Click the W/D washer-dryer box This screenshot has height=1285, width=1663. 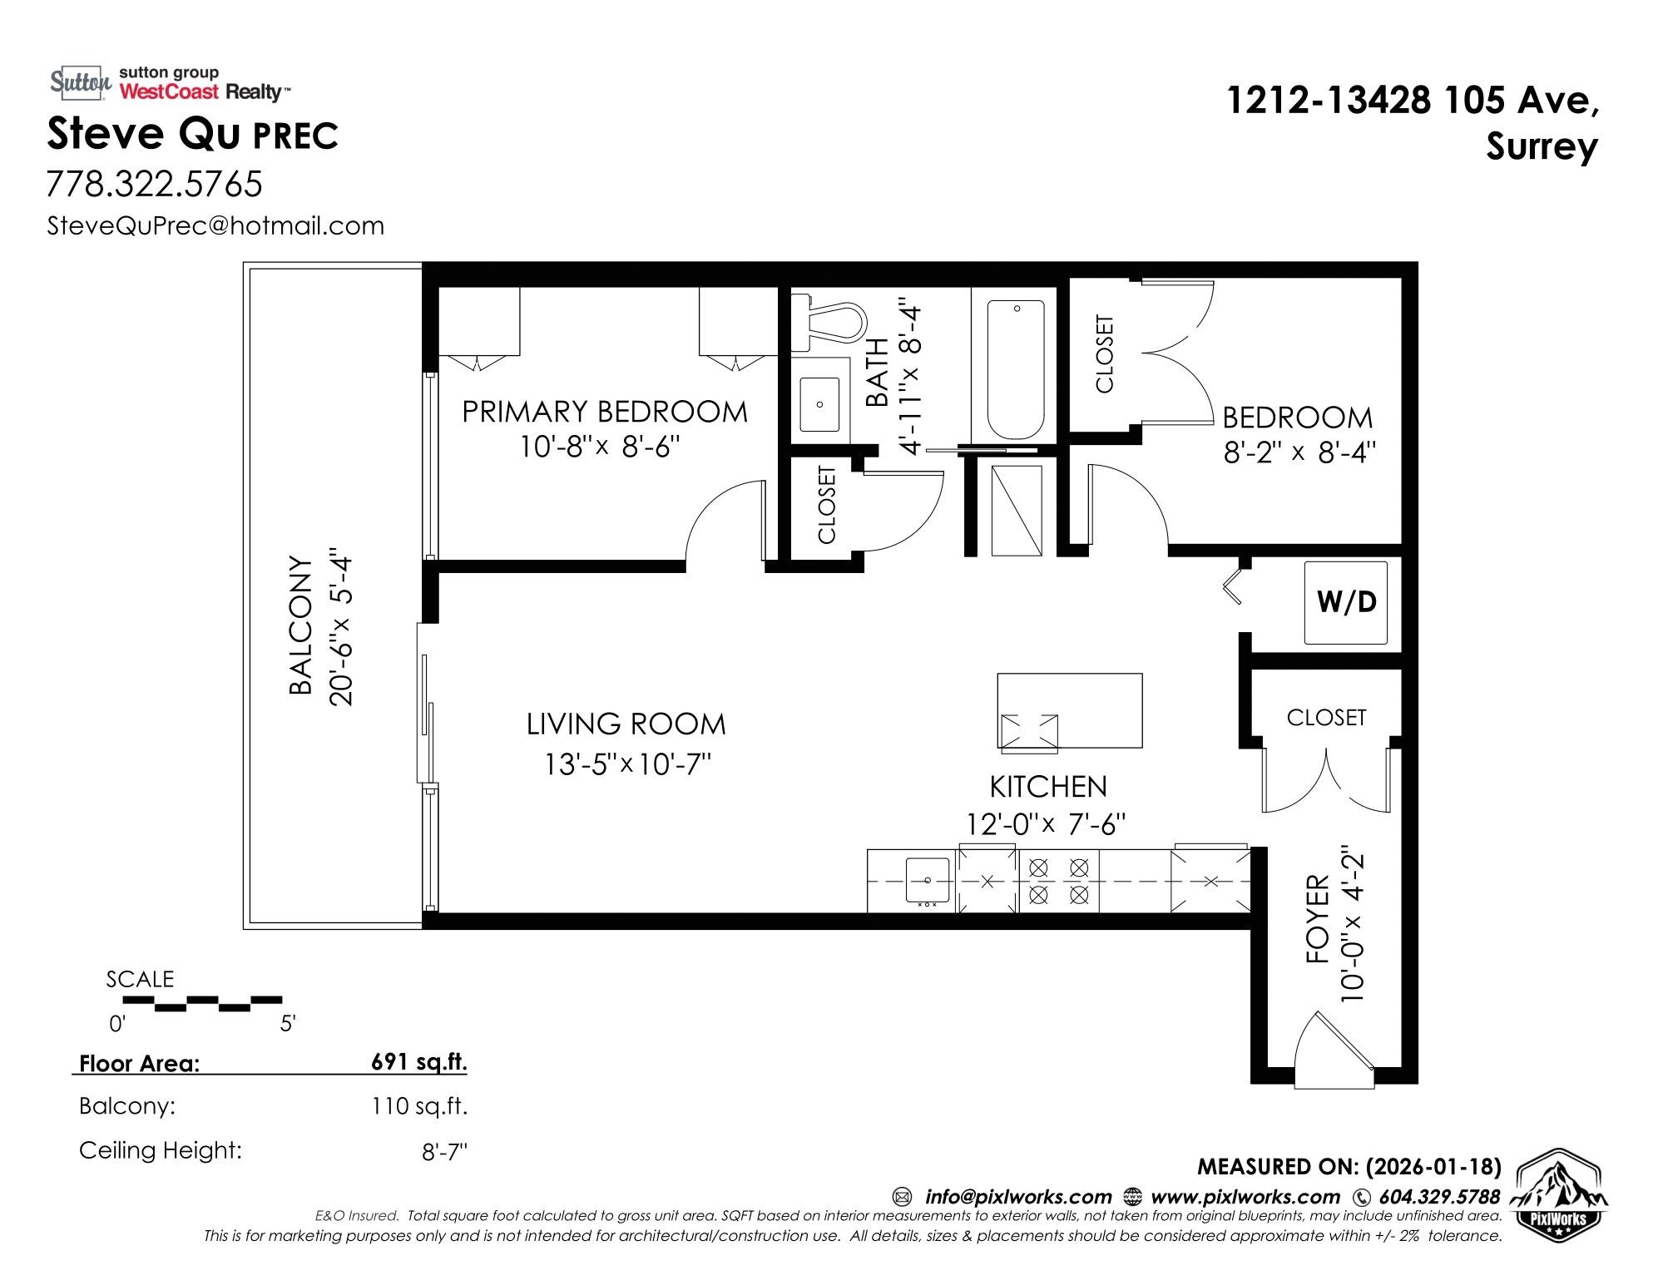click(x=1345, y=602)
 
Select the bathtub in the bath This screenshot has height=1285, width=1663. click(x=1015, y=370)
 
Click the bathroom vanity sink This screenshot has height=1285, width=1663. click(x=820, y=404)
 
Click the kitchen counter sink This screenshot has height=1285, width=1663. click(x=927, y=880)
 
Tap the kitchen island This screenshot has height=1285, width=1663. click(x=1070, y=710)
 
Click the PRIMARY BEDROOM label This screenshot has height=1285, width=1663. click(x=605, y=412)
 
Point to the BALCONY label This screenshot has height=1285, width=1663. click(x=300, y=625)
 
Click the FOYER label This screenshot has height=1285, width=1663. click(x=1318, y=919)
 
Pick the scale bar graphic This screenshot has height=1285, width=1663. click(x=202, y=1004)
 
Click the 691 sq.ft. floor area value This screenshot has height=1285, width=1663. click(x=419, y=1062)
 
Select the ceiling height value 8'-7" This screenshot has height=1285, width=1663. click(x=445, y=1153)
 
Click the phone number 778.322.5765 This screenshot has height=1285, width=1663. click(x=155, y=184)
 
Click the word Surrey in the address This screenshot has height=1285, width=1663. click(x=1542, y=148)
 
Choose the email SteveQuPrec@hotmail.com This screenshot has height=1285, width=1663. click(x=215, y=225)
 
